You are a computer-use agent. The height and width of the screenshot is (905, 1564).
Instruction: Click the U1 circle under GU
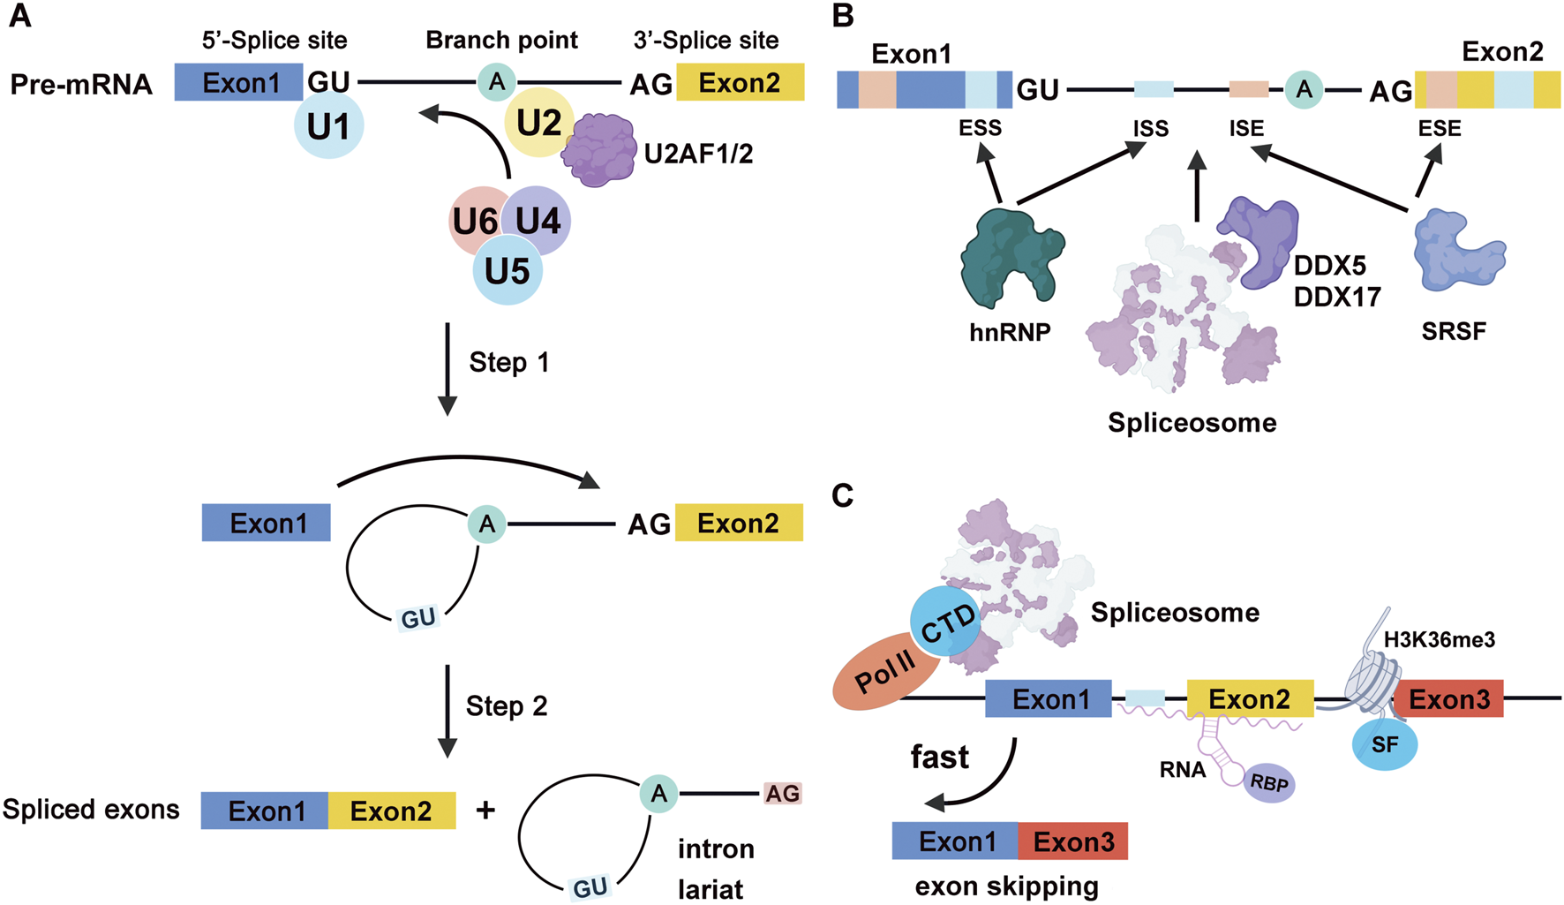tap(328, 126)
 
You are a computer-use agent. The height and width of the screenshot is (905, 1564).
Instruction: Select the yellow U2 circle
tap(538, 123)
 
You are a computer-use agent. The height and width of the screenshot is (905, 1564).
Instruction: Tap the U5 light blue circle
tap(508, 271)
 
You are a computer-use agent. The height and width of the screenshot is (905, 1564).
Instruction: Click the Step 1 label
tap(508, 362)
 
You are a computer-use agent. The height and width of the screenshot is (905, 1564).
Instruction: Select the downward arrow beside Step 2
tap(447, 711)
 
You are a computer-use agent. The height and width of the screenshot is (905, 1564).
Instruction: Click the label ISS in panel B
tap(1150, 129)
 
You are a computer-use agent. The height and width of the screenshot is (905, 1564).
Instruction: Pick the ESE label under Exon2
tap(1439, 129)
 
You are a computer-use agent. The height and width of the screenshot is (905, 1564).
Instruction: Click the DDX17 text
tap(1336, 297)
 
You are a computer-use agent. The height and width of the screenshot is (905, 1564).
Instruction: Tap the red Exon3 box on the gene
tap(1448, 699)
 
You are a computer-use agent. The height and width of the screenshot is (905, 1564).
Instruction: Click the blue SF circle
tap(1384, 744)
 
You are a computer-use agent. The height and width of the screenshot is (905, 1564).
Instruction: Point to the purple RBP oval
tap(1269, 783)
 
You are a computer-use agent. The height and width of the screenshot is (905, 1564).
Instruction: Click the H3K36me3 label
tap(1439, 639)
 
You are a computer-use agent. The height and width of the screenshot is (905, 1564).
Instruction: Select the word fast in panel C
tap(939, 757)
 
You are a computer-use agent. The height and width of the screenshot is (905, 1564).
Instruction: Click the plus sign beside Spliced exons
tap(485, 810)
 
